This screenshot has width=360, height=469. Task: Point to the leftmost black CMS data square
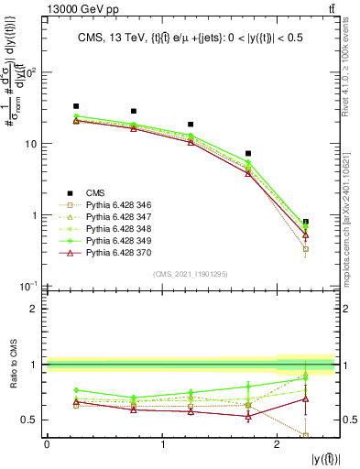(x=76, y=106)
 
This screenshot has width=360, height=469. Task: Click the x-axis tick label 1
(x=162, y=445)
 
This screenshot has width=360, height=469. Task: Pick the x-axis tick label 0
(x=47, y=445)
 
